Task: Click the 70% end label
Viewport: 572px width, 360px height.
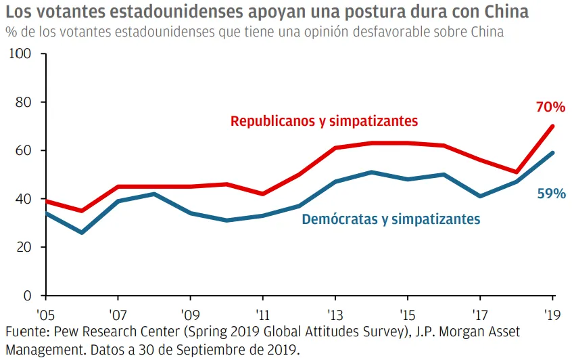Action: pyautogui.click(x=550, y=107)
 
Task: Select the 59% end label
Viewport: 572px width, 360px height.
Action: pyautogui.click(x=551, y=194)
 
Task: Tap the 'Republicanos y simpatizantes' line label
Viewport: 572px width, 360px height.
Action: pyautogui.click(x=325, y=121)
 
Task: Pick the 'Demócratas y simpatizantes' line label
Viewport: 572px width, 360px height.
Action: pyautogui.click(x=391, y=219)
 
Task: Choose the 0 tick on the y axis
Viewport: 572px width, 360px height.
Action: pyautogui.click(x=28, y=295)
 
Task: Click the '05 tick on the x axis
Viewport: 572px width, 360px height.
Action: pyautogui.click(x=45, y=315)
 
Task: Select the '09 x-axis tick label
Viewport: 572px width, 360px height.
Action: pyautogui.click(x=191, y=315)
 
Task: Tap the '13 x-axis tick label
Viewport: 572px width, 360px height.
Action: pyautogui.click(x=336, y=315)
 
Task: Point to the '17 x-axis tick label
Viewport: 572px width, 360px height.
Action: pyautogui.click(x=481, y=315)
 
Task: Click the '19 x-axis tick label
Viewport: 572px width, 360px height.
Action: pyautogui.click(x=553, y=315)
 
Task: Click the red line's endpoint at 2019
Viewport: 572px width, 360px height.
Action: pyautogui.click(x=554, y=126)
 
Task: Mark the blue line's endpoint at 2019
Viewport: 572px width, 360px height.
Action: pyautogui.click(x=554, y=152)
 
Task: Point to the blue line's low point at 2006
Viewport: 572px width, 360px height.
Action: pyautogui.click(x=82, y=233)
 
